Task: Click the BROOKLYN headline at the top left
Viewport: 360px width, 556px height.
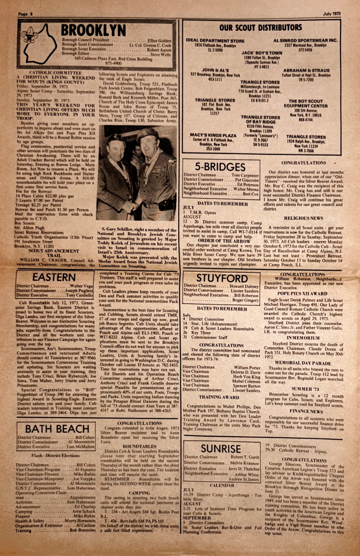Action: (93, 30)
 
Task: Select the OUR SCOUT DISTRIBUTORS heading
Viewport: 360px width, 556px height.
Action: (261, 27)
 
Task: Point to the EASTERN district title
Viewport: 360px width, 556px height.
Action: (54, 277)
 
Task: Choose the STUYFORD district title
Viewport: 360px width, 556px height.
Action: (222, 278)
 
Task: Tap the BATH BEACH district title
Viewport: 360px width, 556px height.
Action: (57, 429)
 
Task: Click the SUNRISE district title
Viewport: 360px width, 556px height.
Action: (221, 449)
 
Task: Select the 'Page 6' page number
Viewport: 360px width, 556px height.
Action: (26, 14)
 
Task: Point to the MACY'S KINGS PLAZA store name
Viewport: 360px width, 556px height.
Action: (213, 135)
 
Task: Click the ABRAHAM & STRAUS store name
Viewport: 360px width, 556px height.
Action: (306, 70)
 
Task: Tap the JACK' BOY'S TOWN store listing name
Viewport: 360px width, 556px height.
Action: (262, 53)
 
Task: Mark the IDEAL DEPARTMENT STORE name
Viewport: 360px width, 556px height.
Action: (215, 41)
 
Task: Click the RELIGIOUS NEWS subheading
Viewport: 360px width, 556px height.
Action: (303, 218)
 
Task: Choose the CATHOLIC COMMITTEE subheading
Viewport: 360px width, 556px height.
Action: (55, 73)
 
